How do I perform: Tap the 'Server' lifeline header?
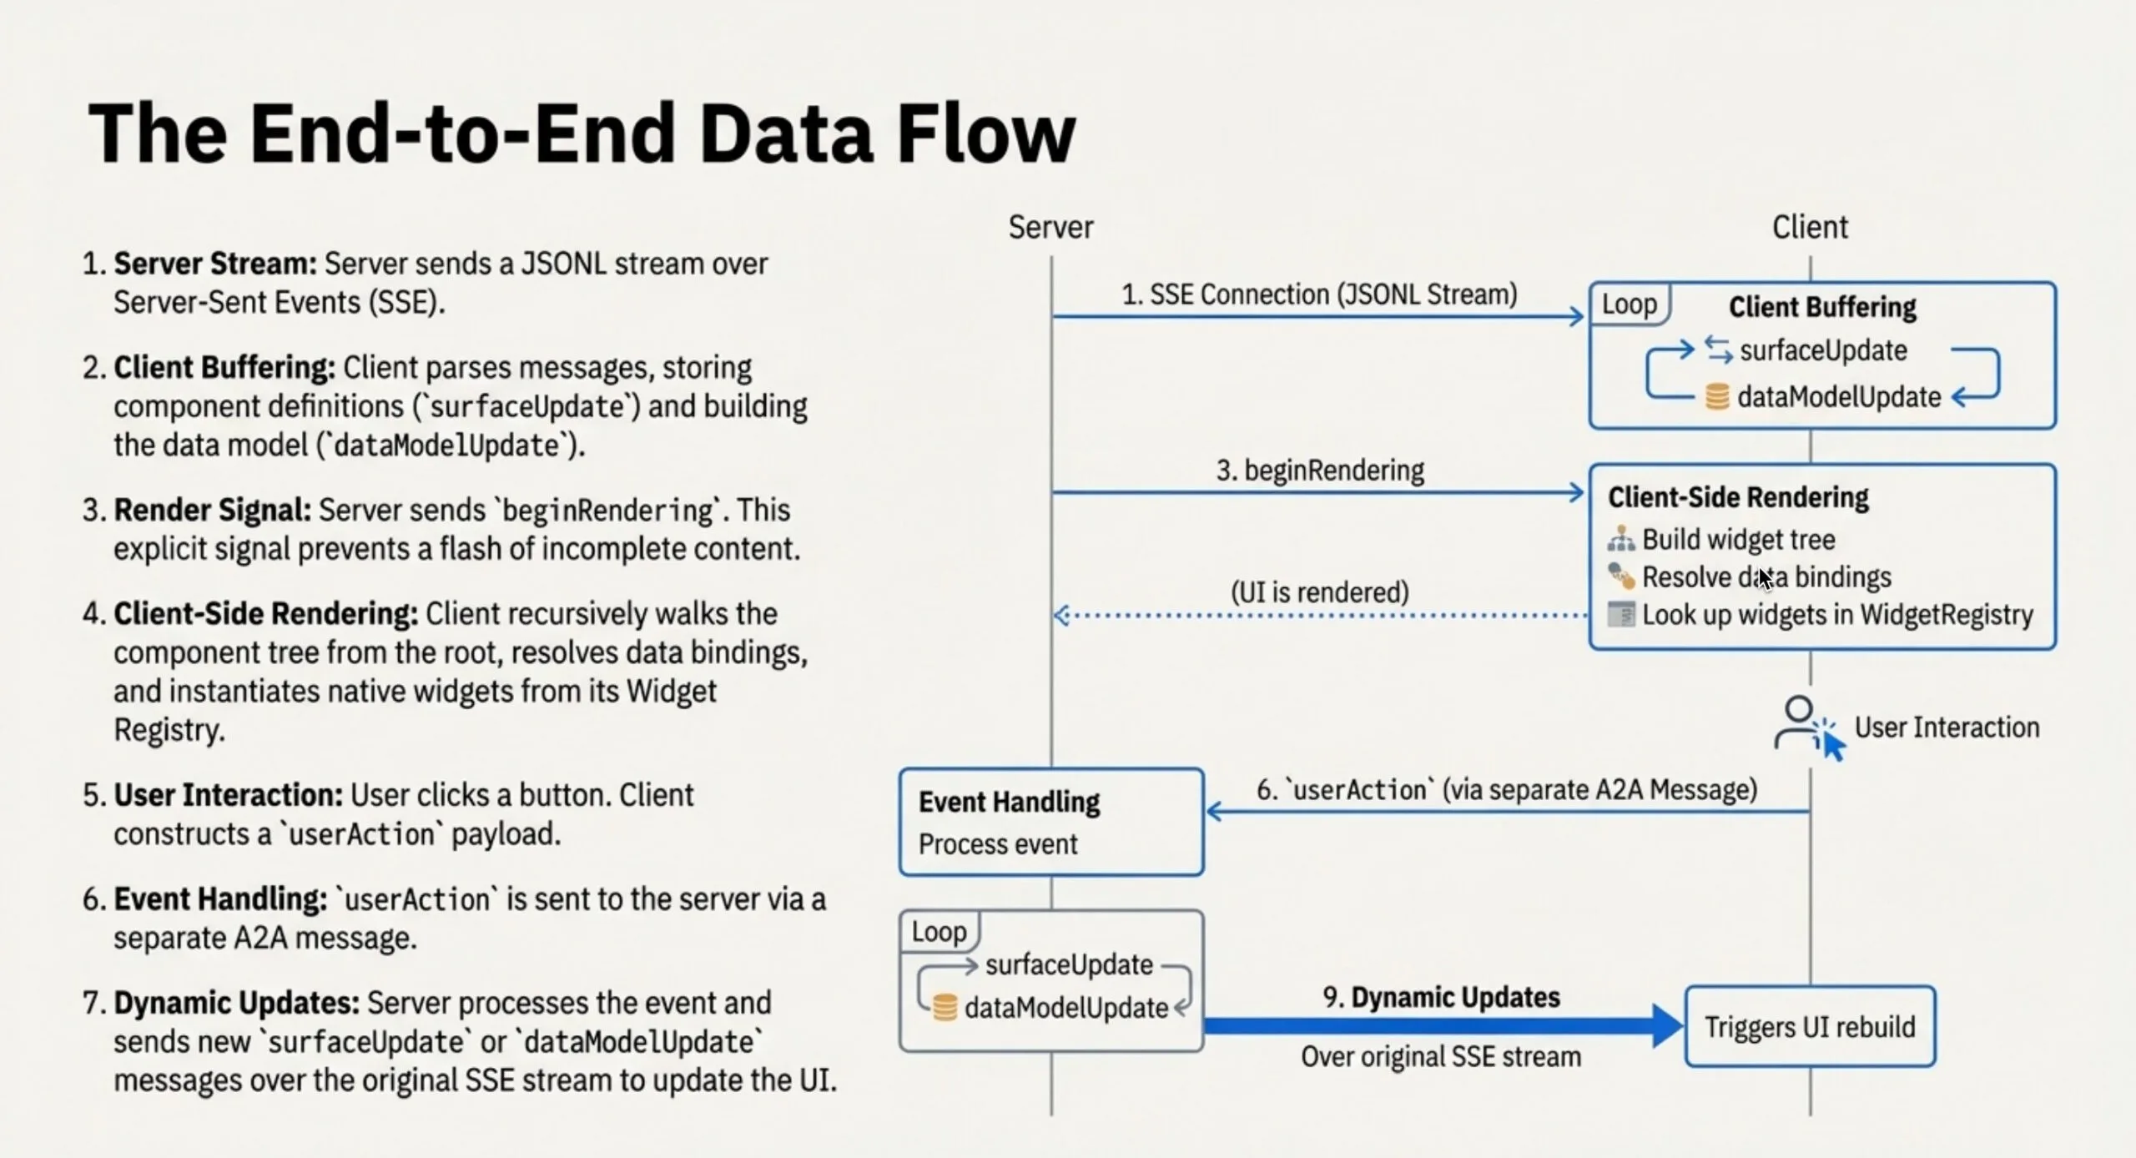[x=1050, y=227]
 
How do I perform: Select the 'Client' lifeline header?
[x=1809, y=227]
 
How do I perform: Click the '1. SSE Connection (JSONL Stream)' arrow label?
[x=1318, y=295]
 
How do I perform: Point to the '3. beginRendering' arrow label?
[x=1320, y=471]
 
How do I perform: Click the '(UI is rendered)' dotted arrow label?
[x=1319, y=592]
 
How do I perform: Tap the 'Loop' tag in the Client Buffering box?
[x=1629, y=305]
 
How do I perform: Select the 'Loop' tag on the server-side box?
[x=939, y=931]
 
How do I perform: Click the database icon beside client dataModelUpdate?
[x=1716, y=397]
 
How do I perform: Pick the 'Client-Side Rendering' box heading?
[x=1738, y=497]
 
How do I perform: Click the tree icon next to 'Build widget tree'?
[x=1620, y=540]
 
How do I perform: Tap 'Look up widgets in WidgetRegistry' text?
[x=1837, y=615]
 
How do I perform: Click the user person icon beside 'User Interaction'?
[x=1798, y=722]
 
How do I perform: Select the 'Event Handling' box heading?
[x=1009, y=802]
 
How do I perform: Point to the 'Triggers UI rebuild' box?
[x=1809, y=1026]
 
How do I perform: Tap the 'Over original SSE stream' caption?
[x=1440, y=1057]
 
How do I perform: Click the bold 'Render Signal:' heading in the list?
[x=212, y=510]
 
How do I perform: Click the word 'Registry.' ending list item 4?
[x=169, y=730]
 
